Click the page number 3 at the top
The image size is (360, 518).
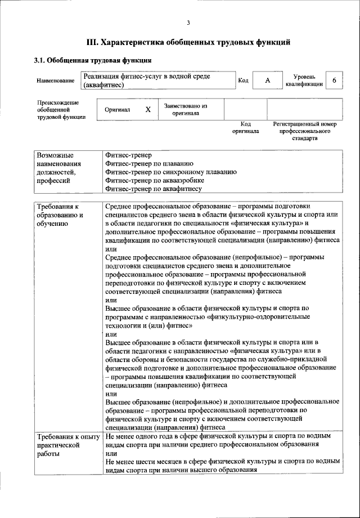click(x=188, y=23)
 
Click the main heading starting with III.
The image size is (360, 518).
click(x=188, y=42)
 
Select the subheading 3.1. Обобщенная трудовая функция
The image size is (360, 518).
click(x=92, y=60)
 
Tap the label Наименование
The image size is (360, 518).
click(x=56, y=81)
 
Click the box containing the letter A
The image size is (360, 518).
click(x=267, y=81)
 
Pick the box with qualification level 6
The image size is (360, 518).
click(x=334, y=81)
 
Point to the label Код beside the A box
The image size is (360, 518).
click(x=243, y=81)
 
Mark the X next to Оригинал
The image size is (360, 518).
click(x=148, y=110)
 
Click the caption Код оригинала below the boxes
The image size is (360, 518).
click(x=245, y=127)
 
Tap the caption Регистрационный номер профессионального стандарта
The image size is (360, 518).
click(x=304, y=131)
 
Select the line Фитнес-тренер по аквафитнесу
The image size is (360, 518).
click(x=154, y=190)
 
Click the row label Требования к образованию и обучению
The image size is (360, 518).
click(x=60, y=215)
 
